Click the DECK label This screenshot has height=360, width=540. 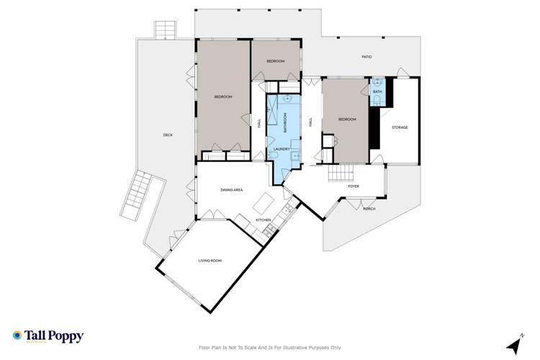[168, 135]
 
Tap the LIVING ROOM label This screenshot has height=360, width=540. [210, 261]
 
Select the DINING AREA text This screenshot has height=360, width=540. [231, 189]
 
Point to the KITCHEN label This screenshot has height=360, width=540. [263, 220]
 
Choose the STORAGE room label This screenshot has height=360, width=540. [400, 127]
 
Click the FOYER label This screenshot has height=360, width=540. [354, 186]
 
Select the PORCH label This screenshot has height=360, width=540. [369, 209]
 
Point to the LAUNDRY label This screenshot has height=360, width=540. [282, 149]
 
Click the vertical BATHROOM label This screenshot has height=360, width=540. [284, 122]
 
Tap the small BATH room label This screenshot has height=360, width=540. [378, 91]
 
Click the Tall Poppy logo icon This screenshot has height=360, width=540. [17, 335]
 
